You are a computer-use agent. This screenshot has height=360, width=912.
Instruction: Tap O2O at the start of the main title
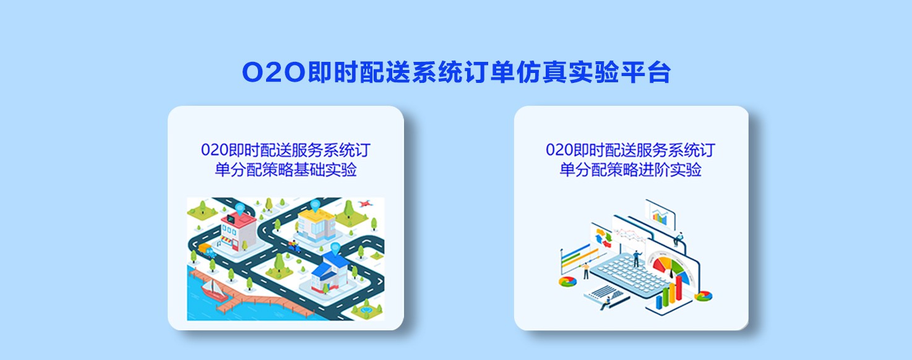coord(273,73)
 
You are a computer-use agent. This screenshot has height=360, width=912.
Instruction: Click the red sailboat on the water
coord(213,289)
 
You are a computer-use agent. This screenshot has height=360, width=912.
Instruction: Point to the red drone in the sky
coord(364,204)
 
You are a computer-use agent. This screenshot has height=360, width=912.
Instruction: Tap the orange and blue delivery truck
coord(207,250)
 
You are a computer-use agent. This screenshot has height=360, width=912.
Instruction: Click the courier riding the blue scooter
coord(294,246)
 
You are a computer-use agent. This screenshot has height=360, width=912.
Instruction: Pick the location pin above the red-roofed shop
coord(240,208)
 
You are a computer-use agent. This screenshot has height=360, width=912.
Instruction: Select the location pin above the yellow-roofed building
coord(315,205)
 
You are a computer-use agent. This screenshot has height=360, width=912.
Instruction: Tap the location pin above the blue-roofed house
coord(335,247)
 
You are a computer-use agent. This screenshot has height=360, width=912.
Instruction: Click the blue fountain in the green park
coord(366,311)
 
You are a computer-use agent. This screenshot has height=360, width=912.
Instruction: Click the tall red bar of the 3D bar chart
coord(679,288)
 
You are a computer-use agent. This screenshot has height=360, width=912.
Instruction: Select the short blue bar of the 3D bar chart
coord(659,302)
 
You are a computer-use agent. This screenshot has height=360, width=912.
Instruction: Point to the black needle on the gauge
coord(671,272)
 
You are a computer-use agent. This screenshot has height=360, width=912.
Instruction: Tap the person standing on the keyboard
coord(637,259)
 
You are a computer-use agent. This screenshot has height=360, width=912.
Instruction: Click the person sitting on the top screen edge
coord(678,239)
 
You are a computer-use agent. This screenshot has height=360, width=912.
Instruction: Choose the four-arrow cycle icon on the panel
coord(603,238)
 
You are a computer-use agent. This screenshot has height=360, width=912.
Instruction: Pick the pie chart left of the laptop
coord(567,281)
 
